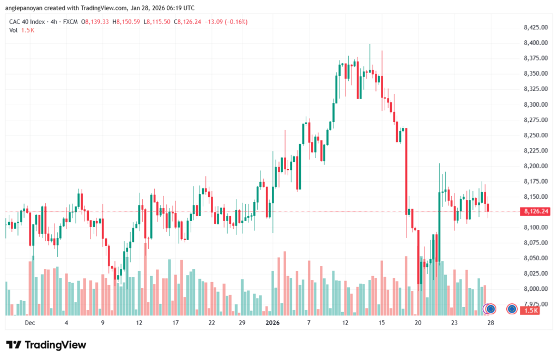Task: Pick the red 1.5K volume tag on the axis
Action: tap(530, 310)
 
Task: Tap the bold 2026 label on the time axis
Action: tap(272, 322)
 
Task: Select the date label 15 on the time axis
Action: tap(382, 322)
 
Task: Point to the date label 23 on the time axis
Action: tap(454, 322)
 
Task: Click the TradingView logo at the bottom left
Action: tap(46, 345)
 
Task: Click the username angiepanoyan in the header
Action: tap(25, 8)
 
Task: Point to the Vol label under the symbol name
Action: tap(13, 30)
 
